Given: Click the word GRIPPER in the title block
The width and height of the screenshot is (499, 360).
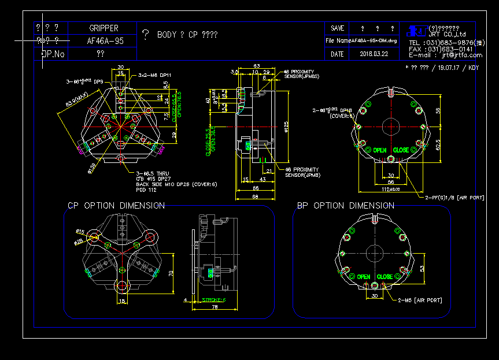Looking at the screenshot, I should (104, 28).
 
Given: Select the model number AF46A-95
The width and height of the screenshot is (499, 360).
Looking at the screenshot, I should (105, 41).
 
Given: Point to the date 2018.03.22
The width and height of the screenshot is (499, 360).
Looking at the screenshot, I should (374, 54).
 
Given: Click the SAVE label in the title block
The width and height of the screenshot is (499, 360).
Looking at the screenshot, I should (338, 28).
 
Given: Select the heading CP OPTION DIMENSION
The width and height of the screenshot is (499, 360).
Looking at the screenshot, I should (116, 206).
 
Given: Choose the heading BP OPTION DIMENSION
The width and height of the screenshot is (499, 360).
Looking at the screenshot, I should (346, 206).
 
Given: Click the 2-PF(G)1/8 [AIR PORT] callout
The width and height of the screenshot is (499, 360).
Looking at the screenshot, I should (454, 198).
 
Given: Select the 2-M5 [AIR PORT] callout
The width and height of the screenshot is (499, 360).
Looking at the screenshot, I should (420, 300).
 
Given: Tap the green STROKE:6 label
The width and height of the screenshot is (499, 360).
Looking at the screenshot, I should (213, 300).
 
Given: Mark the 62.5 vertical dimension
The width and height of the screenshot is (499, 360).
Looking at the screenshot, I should (438, 143).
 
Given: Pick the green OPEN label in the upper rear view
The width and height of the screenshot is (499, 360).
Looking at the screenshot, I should (379, 150).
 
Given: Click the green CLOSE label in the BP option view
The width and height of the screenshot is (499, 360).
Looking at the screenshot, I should (385, 277).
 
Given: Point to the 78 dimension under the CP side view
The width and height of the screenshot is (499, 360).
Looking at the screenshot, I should (215, 307).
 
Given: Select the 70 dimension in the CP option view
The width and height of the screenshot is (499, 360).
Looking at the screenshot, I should (171, 273).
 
